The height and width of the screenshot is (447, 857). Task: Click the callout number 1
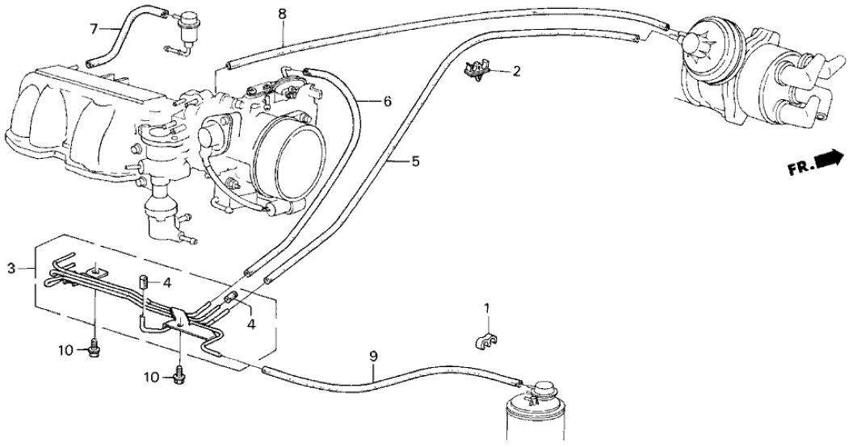coord(487,307)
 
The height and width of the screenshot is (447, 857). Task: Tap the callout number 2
coord(516,71)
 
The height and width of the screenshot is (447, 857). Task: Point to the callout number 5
coord(414,161)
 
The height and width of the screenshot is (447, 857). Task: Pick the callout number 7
coord(95,30)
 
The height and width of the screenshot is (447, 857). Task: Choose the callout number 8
coord(282,14)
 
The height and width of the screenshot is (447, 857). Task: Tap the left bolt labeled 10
coord(94,350)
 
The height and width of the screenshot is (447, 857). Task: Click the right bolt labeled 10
coord(179,374)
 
